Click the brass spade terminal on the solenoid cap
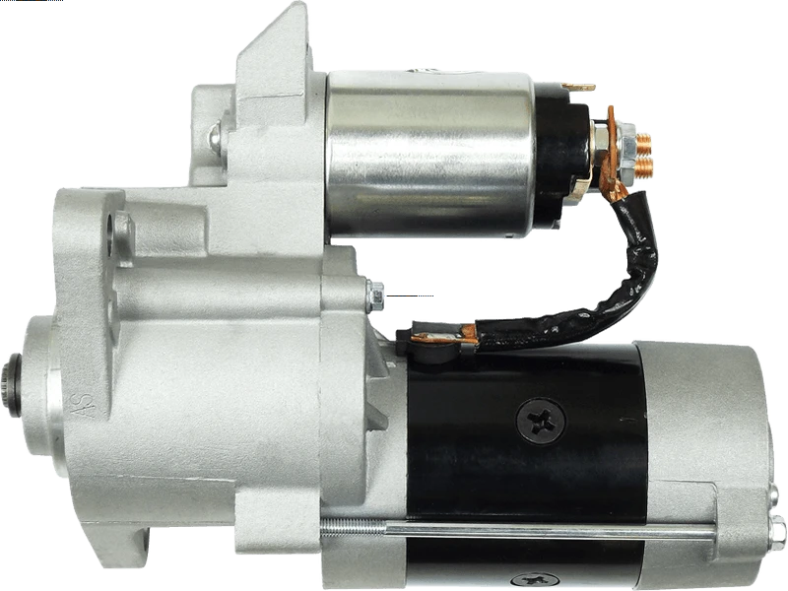578,87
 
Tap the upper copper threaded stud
643,143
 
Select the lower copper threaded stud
643,167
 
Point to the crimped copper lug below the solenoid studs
614,187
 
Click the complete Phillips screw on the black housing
541,421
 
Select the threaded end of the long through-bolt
353,526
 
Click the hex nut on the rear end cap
778,532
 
